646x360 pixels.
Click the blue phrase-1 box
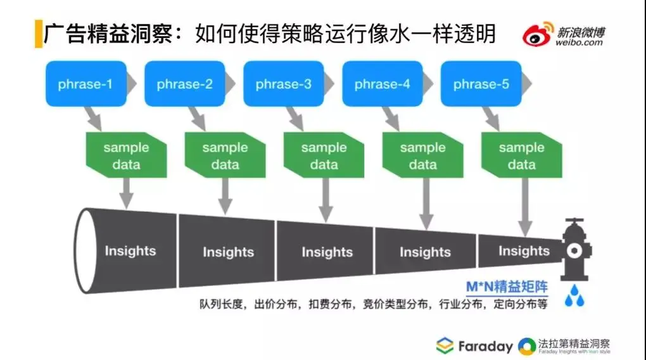coord(85,84)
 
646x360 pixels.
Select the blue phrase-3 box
coord(283,84)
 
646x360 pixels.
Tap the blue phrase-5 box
coord(481,84)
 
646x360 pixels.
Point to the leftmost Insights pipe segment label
coord(130,251)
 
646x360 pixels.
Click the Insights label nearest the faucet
coord(524,251)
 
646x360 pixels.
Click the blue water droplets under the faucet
coord(574,295)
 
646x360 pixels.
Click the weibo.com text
coord(579,43)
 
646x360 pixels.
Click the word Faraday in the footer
coord(486,346)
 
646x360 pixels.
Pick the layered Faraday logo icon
coord(445,346)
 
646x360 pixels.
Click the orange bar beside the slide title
coord(37,34)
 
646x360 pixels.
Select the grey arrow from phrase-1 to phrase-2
coord(132,84)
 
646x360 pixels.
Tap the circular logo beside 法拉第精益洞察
coord(526,346)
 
